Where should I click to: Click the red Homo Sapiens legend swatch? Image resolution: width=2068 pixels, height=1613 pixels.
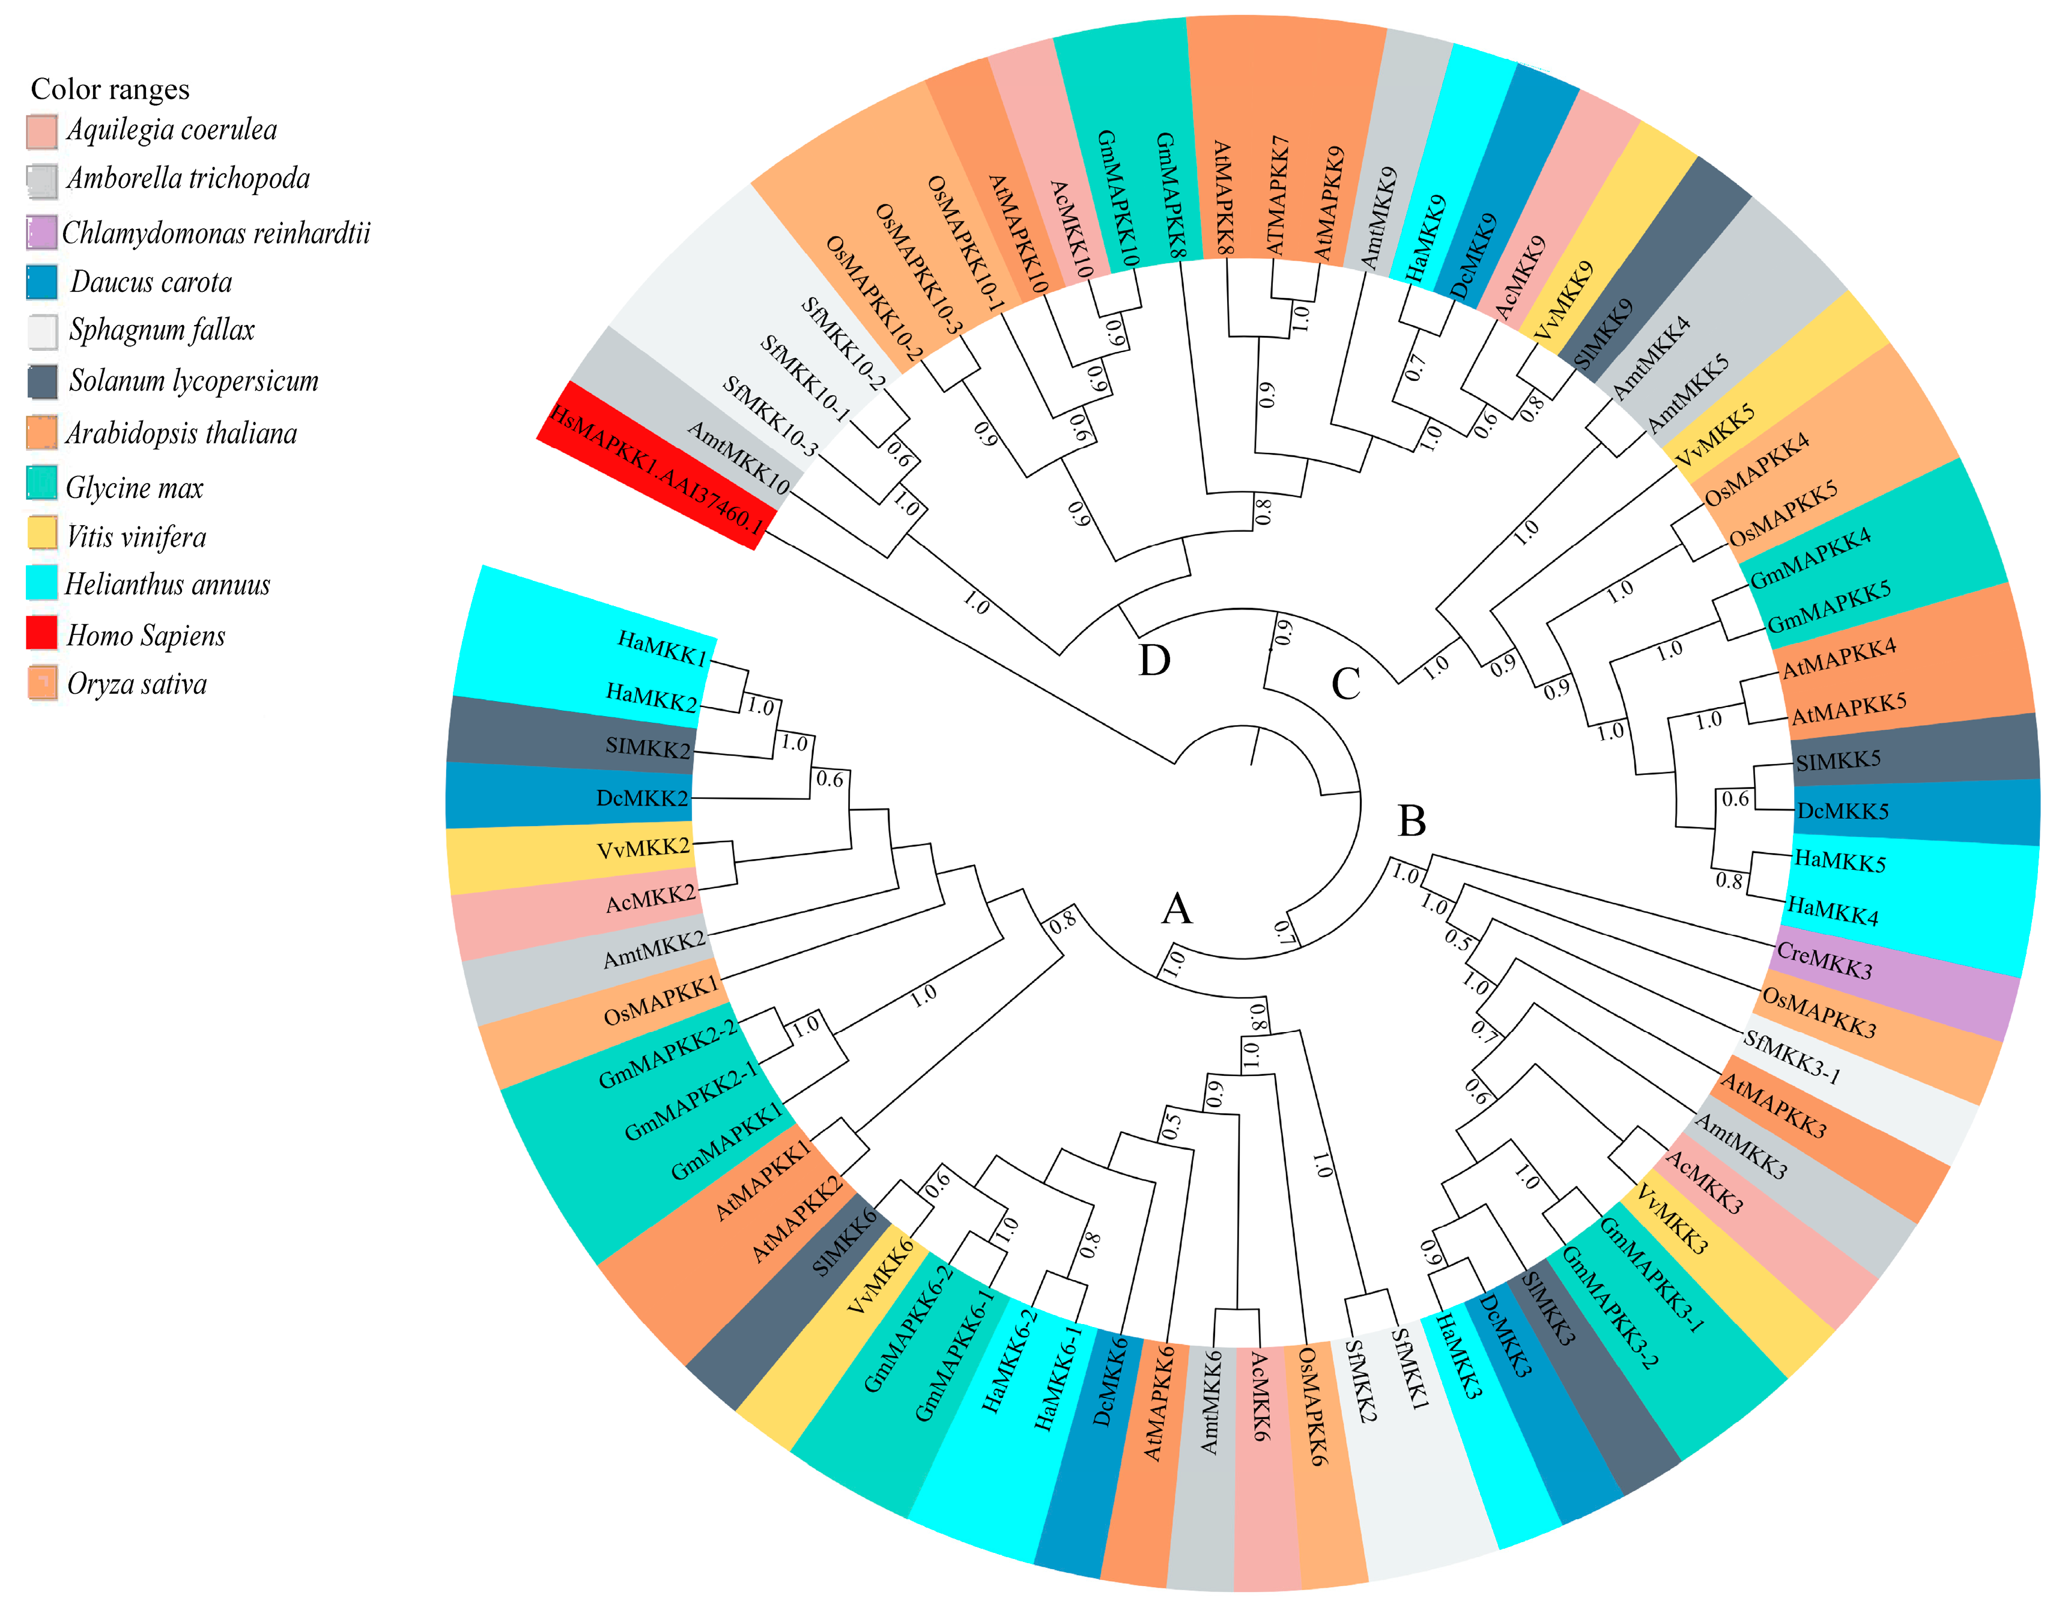[41, 633]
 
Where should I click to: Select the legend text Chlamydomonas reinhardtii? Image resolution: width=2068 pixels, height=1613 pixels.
[216, 233]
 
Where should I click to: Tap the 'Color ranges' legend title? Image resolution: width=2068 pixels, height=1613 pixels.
[110, 89]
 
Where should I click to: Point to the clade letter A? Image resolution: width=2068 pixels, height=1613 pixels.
[1177, 910]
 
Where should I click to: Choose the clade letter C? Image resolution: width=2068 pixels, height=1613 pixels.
[1345, 684]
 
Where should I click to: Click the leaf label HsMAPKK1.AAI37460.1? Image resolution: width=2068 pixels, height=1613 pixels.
[656, 471]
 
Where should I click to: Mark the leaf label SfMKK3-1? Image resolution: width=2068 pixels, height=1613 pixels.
[1792, 1057]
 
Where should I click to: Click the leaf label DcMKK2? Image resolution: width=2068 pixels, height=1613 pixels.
[642, 798]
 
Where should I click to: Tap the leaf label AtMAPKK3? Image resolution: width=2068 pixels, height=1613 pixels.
[1772, 1105]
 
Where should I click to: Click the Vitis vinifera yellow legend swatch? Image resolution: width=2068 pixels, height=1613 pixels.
[41, 533]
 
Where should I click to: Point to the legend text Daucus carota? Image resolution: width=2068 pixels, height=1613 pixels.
[151, 282]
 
